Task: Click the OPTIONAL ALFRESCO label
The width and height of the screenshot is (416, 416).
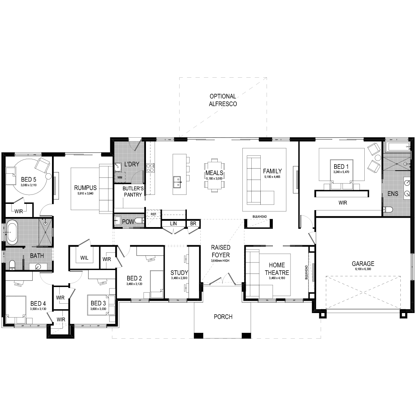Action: coord(223,100)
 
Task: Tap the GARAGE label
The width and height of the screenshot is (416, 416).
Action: coord(363,263)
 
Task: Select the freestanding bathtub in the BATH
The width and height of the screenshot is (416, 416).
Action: coord(12,232)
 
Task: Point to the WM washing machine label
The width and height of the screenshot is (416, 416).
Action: coord(120,177)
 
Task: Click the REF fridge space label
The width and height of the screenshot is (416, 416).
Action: coord(153,214)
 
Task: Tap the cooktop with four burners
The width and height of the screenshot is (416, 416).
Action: coord(150,168)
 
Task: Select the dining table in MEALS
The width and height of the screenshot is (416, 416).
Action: coord(214,175)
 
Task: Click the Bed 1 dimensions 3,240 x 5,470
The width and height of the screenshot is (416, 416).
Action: coord(341,172)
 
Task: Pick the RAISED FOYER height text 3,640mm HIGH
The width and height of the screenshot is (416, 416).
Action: coord(220,261)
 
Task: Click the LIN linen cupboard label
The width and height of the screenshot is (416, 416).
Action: coord(173,224)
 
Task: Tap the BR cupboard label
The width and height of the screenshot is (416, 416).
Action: coord(193,224)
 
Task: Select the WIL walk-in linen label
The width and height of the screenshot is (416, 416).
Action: coord(84,258)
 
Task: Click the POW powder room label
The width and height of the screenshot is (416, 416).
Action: coord(128,222)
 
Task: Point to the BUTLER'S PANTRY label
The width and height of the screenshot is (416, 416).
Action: coord(133,191)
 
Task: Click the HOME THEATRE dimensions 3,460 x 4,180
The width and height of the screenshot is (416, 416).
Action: coord(277,278)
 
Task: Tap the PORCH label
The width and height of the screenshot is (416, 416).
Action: coord(223,317)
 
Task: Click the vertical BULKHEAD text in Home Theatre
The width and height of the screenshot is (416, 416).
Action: coord(306,272)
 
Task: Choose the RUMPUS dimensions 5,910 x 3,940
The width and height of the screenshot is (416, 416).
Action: coord(85,193)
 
